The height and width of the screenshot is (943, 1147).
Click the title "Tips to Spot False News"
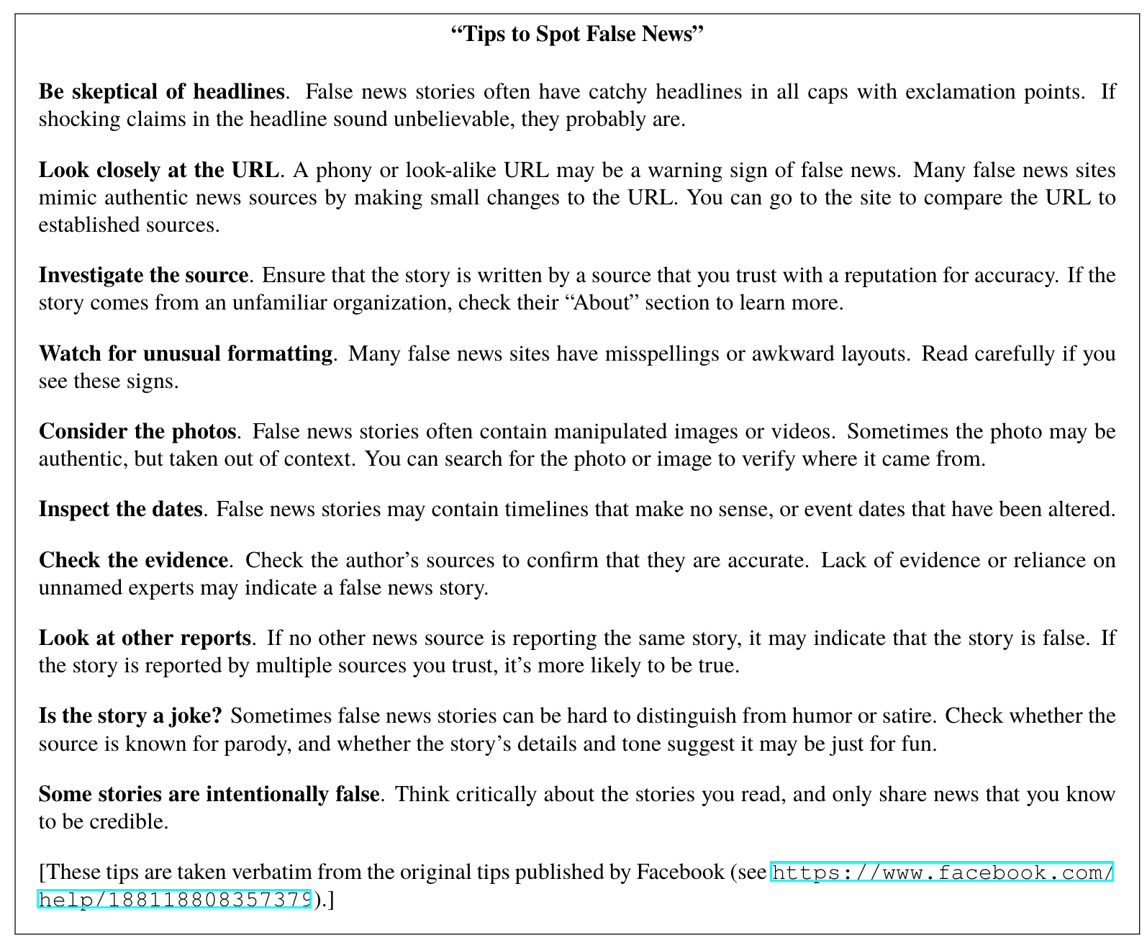click(x=576, y=34)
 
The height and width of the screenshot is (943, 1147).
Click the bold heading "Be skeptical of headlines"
click(x=162, y=91)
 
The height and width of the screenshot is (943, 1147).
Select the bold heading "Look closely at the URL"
click(x=158, y=170)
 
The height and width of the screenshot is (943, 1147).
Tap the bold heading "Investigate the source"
click(x=143, y=275)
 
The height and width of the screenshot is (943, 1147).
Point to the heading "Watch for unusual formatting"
click(x=186, y=353)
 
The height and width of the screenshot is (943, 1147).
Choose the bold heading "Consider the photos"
click(x=137, y=431)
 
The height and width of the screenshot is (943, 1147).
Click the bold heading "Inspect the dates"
click(x=120, y=509)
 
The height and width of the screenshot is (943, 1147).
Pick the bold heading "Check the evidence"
click(x=133, y=560)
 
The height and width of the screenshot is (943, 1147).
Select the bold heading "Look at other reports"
click(x=145, y=638)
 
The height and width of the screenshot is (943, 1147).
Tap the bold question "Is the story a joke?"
click(x=130, y=716)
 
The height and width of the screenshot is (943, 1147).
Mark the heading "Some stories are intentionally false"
click(x=209, y=794)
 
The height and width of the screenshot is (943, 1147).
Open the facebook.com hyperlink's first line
click(x=942, y=873)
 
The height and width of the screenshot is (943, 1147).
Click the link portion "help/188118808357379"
click(x=174, y=900)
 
